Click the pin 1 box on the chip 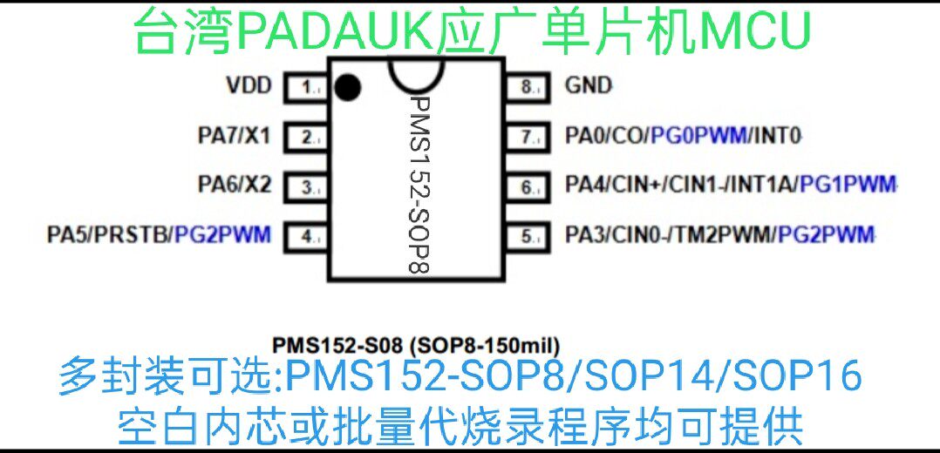(x=307, y=87)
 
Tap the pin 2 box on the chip (x=307, y=137)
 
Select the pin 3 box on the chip (x=307, y=186)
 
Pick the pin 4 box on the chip (x=307, y=235)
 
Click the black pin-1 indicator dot (x=348, y=86)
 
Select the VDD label (x=249, y=86)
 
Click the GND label (x=589, y=86)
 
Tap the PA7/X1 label (x=235, y=136)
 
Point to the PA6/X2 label (x=235, y=185)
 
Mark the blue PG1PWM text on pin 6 (x=848, y=185)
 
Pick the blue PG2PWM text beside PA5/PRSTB (x=223, y=234)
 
